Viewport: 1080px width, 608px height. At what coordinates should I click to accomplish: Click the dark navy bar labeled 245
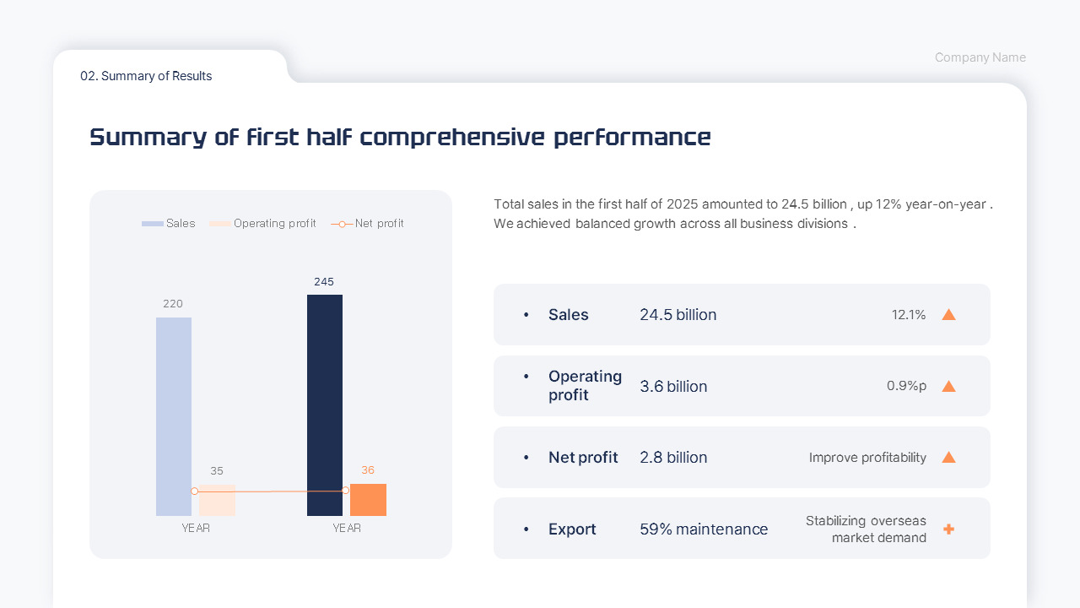(325, 404)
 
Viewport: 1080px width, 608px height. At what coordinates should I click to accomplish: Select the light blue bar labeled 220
(174, 416)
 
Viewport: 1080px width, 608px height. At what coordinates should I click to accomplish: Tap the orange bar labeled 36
(368, 501)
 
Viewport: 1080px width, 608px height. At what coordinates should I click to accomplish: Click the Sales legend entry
(169, 224)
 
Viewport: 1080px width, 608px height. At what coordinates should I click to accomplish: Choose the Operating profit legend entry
(263, 224)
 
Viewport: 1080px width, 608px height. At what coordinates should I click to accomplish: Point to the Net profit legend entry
(368, 224)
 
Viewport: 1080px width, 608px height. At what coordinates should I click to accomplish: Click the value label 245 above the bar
(324, 282)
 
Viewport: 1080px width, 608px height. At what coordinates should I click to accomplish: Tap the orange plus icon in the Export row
(948, 529)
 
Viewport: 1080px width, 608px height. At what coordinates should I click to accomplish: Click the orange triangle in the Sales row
(948, 315)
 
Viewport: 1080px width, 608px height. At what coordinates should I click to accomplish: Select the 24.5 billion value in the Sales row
(678, 315)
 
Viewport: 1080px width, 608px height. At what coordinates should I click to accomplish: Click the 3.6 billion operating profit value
(673, 387)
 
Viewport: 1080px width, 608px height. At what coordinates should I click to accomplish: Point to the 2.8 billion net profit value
(673, 458)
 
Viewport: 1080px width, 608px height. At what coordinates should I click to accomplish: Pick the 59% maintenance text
(704, 529)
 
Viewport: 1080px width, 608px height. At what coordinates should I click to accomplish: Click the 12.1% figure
(909, 315)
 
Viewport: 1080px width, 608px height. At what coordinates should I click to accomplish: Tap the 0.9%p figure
(906, 386)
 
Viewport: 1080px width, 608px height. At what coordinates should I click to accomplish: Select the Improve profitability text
(867, 458)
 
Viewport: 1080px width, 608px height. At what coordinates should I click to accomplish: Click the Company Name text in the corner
(980, 57)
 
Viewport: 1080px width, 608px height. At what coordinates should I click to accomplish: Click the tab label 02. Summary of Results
(146, 76)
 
